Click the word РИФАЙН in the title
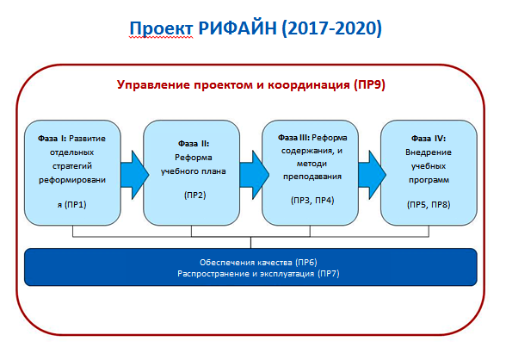(x=238, y=28)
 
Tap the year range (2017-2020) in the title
(x=332, y=28)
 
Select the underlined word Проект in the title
(x=161, y=28)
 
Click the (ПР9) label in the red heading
(x=369, y=85)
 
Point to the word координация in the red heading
(x=309, y=85)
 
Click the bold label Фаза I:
(x=52, y=139)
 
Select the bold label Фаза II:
(x=194, y=144)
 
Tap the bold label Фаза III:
(x=293, y=138)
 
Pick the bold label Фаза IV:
(x=429, y=139)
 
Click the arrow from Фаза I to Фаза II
(x=134, y=175)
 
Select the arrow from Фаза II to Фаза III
(x=255, y=175)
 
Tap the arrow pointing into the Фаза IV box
(x=372, y=175)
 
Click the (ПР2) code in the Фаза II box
(x=194, y=195)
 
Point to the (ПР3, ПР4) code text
(x=312, y=200)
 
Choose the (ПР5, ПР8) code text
(x=429, y=204)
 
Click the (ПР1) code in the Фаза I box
(x=76, y=204)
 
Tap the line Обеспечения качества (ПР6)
(x=258, y=262)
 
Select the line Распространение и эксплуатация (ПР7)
(x=258, y=274)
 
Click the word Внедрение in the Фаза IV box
(x=429, y=152)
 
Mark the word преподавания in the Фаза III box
(x=312, y=177)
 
